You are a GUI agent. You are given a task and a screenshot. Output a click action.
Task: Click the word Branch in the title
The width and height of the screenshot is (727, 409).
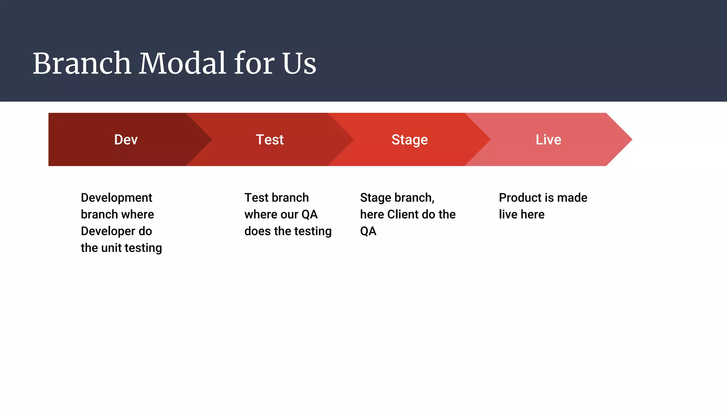coord(82,64)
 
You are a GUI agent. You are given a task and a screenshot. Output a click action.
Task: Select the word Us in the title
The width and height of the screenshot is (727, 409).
coord(299,64)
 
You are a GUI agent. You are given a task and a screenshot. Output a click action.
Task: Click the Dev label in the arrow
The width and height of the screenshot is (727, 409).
coord(126,140)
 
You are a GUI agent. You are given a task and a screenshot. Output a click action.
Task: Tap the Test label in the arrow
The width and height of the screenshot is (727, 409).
coord(270,140)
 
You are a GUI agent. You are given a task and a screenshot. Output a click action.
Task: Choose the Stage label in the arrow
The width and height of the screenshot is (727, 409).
coord(410,140)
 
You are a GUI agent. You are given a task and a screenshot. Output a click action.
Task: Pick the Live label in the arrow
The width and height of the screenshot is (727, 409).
coord(548,140)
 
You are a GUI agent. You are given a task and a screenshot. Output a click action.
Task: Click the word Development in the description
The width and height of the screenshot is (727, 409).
coord(116,198)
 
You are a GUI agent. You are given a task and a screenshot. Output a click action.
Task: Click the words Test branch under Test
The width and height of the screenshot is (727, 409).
coord(277,198)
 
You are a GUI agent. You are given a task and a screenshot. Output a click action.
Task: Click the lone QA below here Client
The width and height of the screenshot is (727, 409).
coord(368,231)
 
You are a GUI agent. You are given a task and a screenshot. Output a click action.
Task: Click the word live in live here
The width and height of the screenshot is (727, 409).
coord(508,214)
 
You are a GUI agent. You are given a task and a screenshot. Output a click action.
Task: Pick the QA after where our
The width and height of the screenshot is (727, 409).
coord(310,214)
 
